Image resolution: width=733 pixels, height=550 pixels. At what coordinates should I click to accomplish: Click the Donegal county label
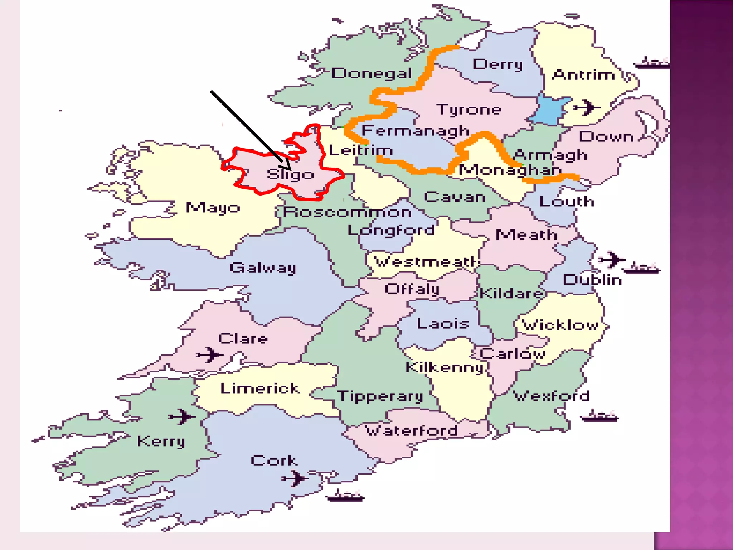(x=372, y=73)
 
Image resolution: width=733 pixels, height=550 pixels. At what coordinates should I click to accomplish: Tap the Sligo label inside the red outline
(x=290, y=175)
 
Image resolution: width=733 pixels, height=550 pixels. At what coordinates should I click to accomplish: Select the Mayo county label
(x=213, y=208)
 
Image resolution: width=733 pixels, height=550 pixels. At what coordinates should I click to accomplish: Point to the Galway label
(x=263, y=268)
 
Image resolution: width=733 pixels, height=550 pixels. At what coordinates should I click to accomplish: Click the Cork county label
(x=274, y=460)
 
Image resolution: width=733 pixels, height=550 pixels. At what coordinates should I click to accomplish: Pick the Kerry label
(x=161, y=442)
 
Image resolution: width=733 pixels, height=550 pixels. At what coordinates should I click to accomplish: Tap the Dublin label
(x=592, y=280)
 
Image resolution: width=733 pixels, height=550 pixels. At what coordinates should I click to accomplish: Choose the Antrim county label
(x=583, y=75)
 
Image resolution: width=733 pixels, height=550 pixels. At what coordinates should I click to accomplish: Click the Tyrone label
(x=469, y=109)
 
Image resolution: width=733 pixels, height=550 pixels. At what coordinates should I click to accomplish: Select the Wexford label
(x=551, y=396)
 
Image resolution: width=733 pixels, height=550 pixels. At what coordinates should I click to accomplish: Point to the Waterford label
(x=411, y=430)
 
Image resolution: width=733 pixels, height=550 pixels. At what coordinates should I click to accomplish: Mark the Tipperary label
(x=380, y=396)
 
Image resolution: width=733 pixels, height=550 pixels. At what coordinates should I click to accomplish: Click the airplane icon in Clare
(x=209, y=354)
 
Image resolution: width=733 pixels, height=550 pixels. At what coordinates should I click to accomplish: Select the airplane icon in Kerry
(x=182, y=416)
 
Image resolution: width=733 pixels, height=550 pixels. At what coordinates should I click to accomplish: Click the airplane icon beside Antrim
(x=586, y=107)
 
